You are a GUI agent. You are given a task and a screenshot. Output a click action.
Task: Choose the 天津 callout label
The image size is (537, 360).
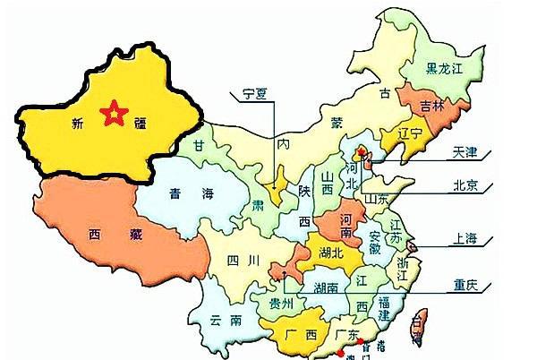pyautogui.click(x=465, y=154)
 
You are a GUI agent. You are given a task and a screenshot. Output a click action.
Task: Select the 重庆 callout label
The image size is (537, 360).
pyautogui.click(x=465, y=287)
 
